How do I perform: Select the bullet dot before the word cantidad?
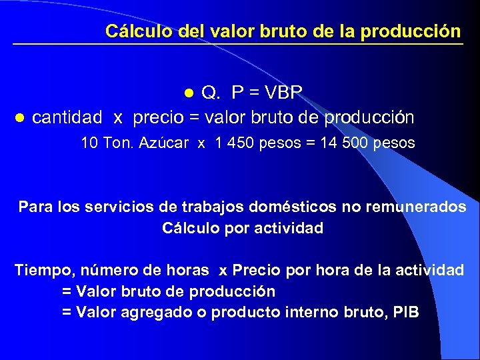(19, 119)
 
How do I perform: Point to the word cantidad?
(67, 118)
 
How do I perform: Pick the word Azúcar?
(164, 143)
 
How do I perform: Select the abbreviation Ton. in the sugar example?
(117, 143)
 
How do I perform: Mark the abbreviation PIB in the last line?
(405, 312)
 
